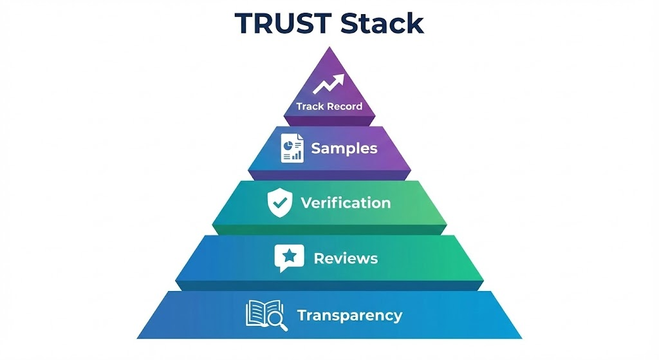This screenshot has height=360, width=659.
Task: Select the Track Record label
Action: click(x=329, y=106)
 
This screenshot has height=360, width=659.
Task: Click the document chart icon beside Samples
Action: click(x=292, y=148)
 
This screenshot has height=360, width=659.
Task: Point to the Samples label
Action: click(x=344, y=148)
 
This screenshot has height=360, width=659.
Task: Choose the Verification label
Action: click(x=346, y=204)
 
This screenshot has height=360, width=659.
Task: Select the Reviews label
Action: click(x=346, y=259)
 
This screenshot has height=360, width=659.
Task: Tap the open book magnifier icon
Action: click(x=265, y=315)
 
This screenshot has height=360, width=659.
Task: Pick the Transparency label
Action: click(x=349, y=316)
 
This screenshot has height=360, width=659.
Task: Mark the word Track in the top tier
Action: click(x=310, y=106)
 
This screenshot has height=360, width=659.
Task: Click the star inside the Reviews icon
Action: click(x=290, y=256)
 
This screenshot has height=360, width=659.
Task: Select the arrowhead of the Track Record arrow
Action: click(x=340, y=78)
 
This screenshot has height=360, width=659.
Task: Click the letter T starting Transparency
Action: click(x=301, y=316)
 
